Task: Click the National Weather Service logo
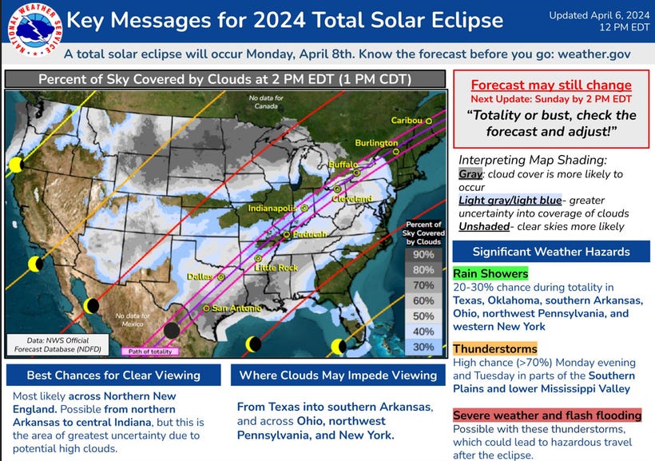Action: [x=30, y=33]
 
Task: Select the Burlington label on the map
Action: [x=376, y=143]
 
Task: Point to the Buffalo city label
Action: [x=344, y=164]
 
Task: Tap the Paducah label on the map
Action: [x=308, y=234]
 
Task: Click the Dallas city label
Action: [x=200, y=276]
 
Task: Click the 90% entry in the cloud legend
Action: [x=424, y=254]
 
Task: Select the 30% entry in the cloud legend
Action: [x=424, y=347]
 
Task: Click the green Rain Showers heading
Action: [x=490, y=274]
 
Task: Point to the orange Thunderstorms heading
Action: [x=494, y=349]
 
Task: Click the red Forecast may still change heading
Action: [x=551, y=85]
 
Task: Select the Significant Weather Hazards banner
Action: [x=551, y=252]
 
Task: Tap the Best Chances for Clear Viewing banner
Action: [x=113, y=375]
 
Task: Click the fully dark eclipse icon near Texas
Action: [x=172, y=329]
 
